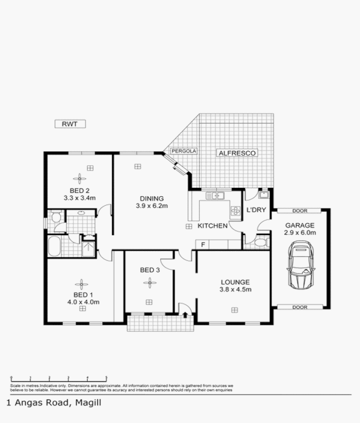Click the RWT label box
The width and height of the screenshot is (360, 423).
(70, 124)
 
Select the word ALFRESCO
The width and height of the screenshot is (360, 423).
(237, 153)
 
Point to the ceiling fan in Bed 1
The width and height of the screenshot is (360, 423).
(81, 282)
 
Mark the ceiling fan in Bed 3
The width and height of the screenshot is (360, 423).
(150, 283)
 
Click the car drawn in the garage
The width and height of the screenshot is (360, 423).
(300, 265)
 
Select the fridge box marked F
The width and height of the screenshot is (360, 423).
(203, 244)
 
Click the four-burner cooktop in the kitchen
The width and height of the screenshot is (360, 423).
(235, 212)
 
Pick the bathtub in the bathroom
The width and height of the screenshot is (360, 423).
(54, 246)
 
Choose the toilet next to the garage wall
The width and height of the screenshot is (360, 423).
(260, 243)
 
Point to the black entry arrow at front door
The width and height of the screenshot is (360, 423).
(184, 315)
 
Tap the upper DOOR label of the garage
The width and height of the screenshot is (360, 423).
(299, 210)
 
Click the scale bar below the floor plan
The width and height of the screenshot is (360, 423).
(58, 378)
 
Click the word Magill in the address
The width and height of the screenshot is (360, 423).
(87, 403)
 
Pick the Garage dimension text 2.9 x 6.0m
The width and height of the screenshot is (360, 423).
(299, 232)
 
